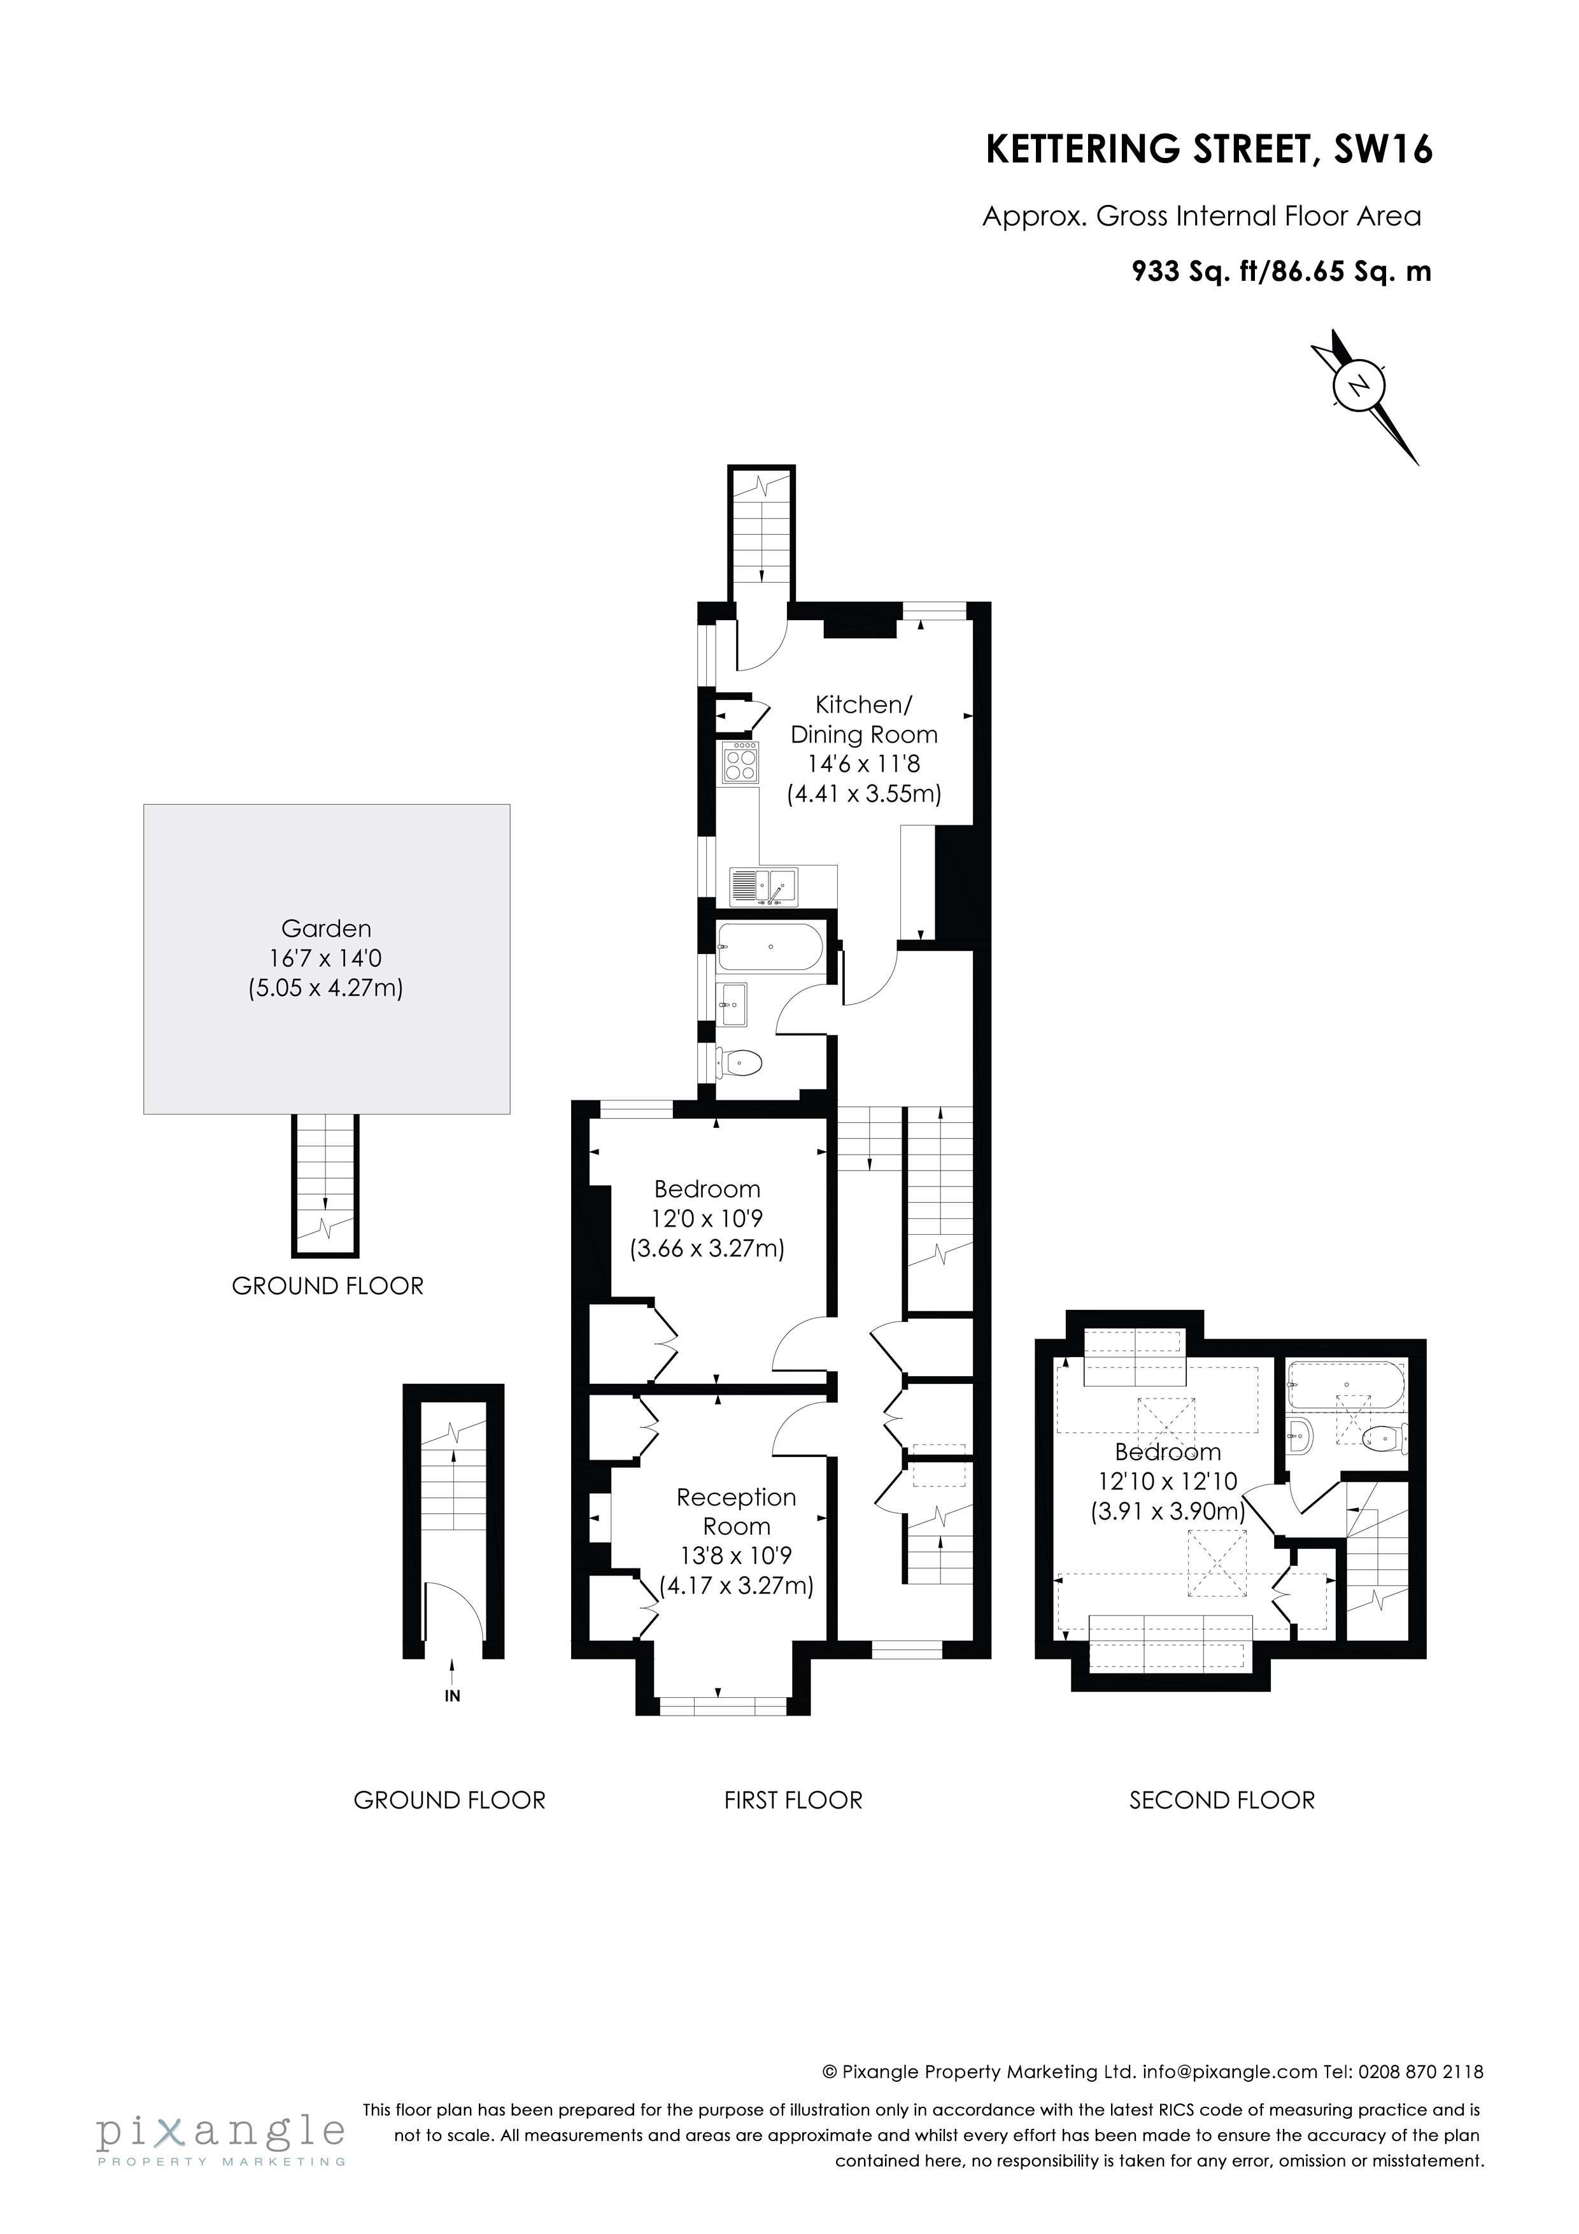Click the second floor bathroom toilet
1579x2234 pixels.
1385,1437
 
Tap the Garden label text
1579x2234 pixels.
326,928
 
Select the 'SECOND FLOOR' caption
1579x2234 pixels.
1221,1801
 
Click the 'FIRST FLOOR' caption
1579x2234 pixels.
793,1801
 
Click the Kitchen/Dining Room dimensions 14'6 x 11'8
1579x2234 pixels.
864,765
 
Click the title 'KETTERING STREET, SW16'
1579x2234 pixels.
1209,151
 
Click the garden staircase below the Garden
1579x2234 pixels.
326,1183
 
